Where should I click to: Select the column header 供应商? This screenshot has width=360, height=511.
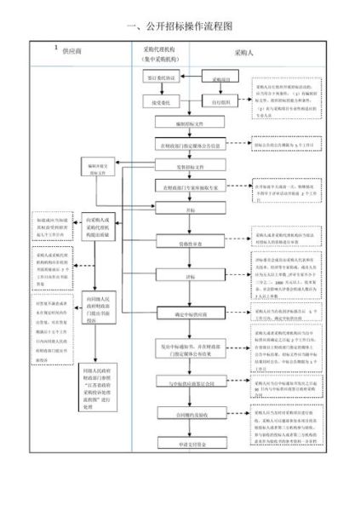[x=74, y=53]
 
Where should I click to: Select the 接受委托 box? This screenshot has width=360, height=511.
[x=161, y=102]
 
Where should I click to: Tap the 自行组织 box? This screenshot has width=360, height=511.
[x=221, y=102]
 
